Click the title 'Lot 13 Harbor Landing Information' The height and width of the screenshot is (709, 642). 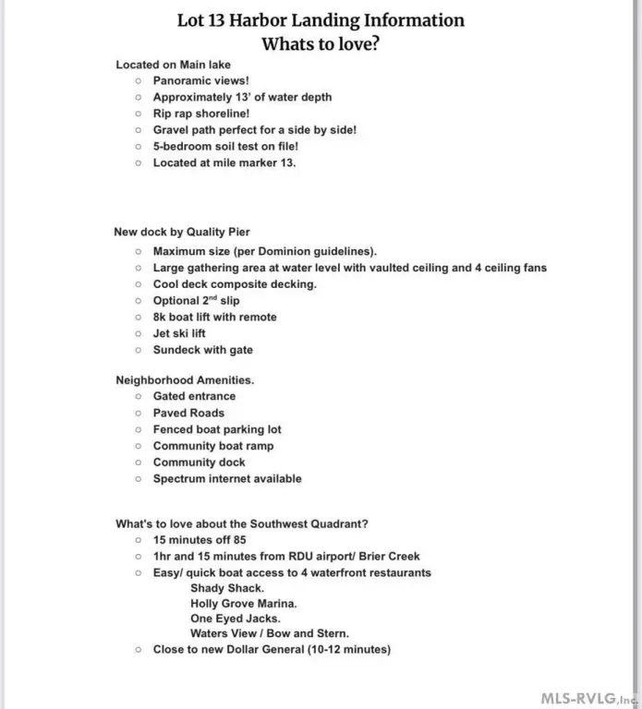[321, 20]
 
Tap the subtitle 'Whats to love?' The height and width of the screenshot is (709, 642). [321, 43]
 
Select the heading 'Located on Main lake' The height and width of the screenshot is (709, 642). [173, 65]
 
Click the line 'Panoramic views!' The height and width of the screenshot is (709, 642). [200, 81]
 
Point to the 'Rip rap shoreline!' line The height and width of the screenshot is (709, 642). [201, 114]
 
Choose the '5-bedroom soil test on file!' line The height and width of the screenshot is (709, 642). [225, 147]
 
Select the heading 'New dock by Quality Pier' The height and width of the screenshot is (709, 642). [182, 233]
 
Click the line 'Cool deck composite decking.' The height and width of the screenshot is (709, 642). [235, 284]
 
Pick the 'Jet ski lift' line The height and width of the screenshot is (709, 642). [179, 333]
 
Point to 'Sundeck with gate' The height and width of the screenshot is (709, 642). [202, 350]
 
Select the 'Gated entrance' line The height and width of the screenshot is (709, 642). [194, 397]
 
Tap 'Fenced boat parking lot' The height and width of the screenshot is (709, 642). [217, 429]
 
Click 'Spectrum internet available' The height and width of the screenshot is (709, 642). [227, 479]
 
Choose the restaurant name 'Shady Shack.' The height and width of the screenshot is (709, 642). [227, 588]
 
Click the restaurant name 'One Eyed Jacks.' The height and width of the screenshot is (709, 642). [236, 619]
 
